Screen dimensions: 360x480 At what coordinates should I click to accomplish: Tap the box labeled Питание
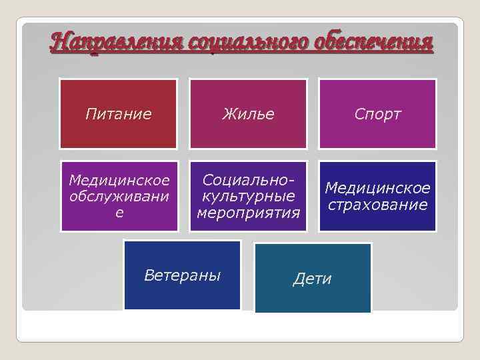(119, 114)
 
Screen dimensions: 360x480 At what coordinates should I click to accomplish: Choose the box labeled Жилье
(248, 114)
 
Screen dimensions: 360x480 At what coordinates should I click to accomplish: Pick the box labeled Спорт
(377, 114)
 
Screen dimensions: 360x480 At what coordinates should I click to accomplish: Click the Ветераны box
(182, 275)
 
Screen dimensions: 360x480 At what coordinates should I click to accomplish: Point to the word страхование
(377, 205)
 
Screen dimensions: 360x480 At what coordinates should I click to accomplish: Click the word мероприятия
(249, 213)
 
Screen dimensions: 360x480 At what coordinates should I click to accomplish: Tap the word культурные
(249, 197)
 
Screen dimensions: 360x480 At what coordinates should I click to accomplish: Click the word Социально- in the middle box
(249, 181)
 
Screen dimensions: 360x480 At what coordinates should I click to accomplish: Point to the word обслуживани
(119, 197)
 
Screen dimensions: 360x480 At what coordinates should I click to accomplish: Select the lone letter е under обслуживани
(119, 213)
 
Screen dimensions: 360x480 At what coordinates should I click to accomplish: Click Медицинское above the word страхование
(377, 189)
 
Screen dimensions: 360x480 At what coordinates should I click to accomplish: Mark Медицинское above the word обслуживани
(119, 181)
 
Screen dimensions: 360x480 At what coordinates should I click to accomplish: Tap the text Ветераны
(182, 275)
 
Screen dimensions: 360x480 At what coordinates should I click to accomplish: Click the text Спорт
(377, 115)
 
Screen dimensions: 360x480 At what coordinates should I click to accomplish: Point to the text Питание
(119, 114)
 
